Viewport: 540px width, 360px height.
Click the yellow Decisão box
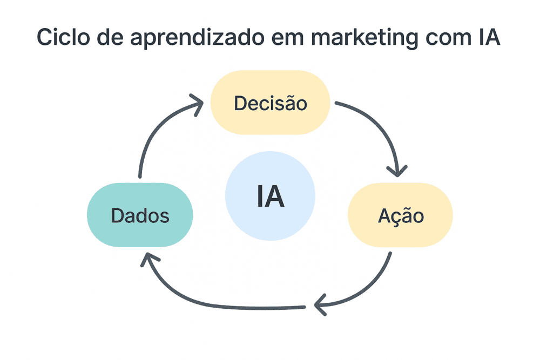pos(270,103)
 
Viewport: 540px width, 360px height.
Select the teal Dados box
pos(140,215)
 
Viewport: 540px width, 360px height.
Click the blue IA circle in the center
pos(270,196)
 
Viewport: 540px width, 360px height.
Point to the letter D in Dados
pos(117,216)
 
